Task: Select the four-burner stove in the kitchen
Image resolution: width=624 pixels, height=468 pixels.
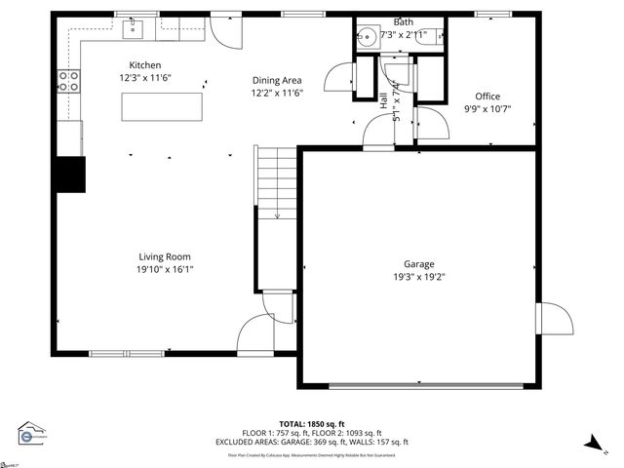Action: click(68, 82)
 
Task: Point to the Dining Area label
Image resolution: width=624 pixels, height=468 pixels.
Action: click(277, 81)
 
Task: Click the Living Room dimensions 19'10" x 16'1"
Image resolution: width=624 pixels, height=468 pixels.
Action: click(165, 269)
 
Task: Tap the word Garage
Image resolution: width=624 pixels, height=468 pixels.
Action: click(419, 263)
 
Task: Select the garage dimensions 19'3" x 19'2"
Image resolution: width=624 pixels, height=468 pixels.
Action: click(419, 276)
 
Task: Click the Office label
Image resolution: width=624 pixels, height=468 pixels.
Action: click(487, 96)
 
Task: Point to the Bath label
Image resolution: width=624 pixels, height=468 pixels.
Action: click(403, 21)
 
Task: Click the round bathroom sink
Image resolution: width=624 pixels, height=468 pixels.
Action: click(367, 38)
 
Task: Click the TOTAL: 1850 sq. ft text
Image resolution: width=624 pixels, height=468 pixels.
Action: click(311, 424)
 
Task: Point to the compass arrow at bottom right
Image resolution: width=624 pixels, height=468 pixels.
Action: click(592, 444)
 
